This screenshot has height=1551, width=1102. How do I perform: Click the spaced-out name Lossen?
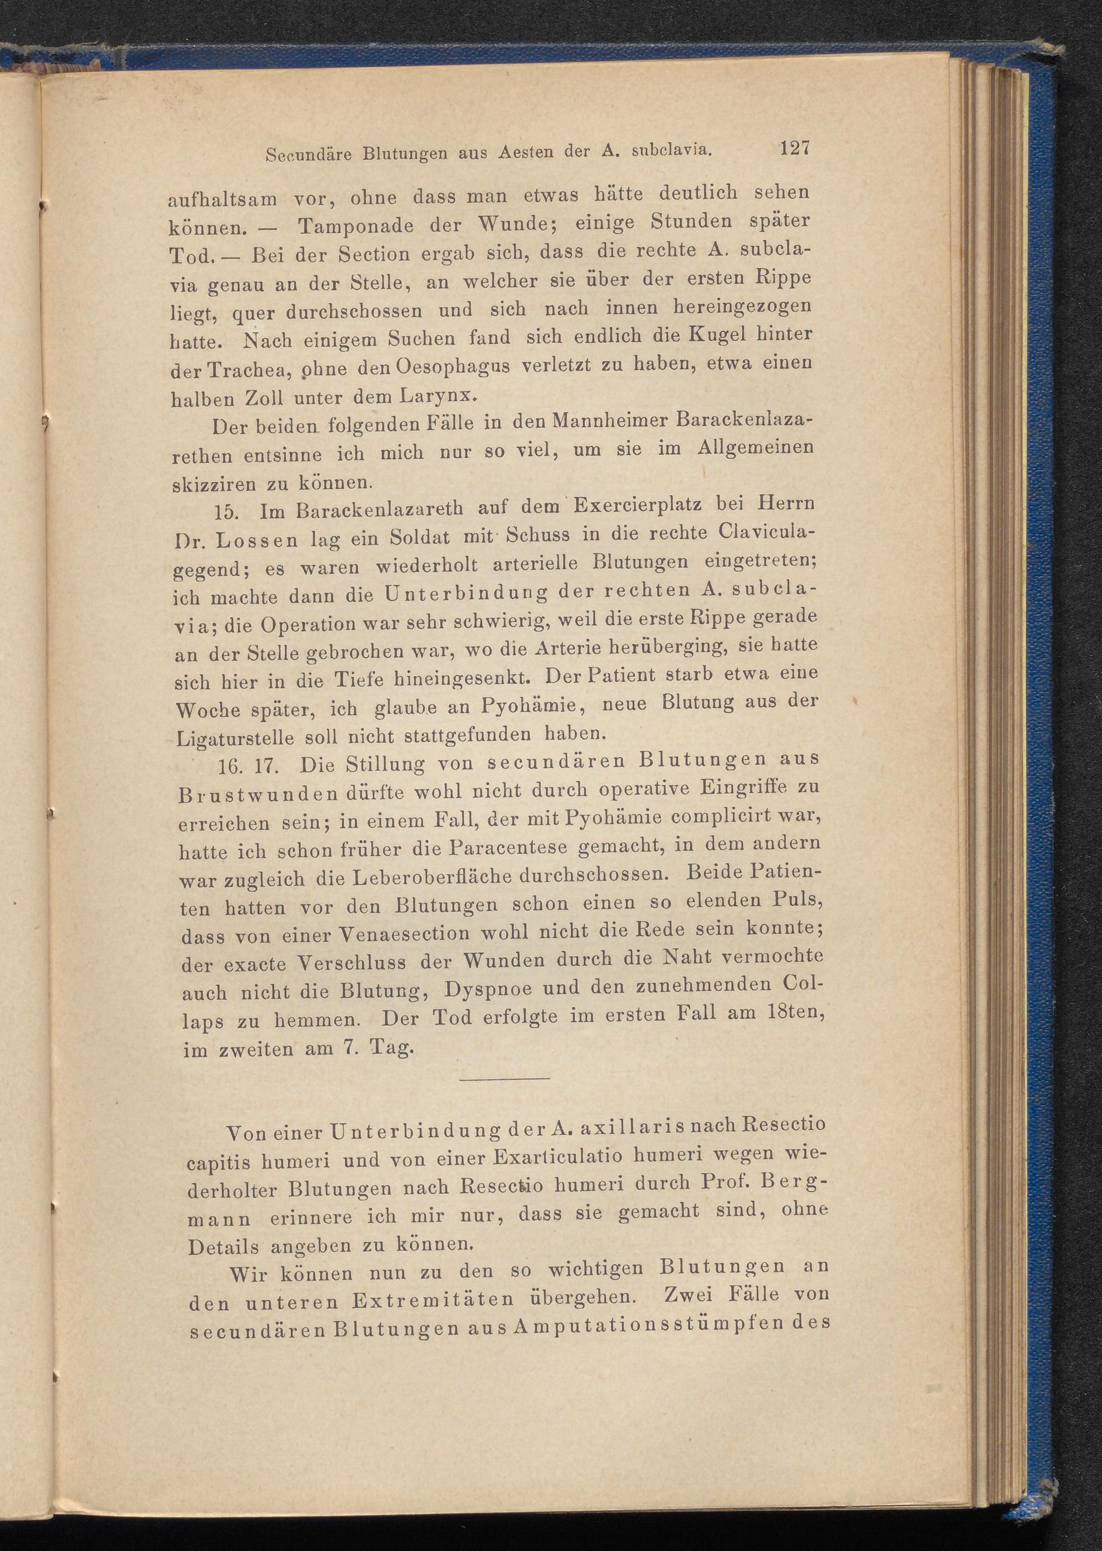click(260, 542)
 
